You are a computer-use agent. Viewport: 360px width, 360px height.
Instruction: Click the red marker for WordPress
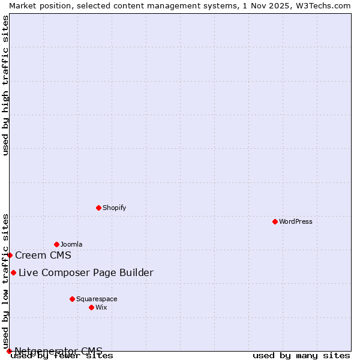tap(275, 221)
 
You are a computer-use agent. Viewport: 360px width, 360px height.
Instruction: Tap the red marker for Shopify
tap(98, 208)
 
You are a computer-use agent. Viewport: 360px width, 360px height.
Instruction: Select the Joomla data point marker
tap(56, 244)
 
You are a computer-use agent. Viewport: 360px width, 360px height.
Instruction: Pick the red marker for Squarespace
tap(72, 299)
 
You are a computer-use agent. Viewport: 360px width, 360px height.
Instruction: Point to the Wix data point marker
tap(91, 307)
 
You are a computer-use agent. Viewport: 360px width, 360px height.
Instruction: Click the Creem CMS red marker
tap(10, 255)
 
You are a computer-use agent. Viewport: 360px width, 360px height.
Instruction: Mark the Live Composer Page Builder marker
tap(13, 272)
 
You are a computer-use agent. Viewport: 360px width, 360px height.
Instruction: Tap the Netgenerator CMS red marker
tap(9, 351)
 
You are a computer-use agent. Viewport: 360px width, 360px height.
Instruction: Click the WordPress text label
tap(296, 221)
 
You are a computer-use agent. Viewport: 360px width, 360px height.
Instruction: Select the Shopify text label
tap(115, 208)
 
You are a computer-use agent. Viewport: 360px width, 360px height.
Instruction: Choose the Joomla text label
tap(71, 244)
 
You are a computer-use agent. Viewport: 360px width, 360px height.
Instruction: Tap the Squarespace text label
tap(97, 299)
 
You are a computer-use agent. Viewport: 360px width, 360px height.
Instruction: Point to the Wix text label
tap(101, 307)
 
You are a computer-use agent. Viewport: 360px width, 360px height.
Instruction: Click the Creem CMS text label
tap(43, 255)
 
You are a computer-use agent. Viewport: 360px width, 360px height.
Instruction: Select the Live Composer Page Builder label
tap(86, 272)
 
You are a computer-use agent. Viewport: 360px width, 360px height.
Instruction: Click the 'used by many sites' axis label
tap(301, 356)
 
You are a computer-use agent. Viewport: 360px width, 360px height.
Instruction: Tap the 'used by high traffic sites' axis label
tap(6, 85)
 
